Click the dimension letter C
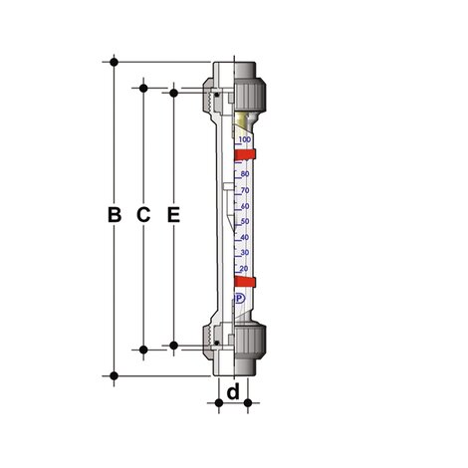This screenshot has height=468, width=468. pos(143,214)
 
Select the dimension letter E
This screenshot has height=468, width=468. pos(173,214)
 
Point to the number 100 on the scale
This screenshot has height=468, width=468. pos(245,140)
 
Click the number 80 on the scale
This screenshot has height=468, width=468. pos(245,174)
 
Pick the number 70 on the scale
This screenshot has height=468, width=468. pos(245,190)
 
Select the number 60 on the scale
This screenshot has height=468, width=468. pos(245,206)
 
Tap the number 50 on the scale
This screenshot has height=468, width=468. pos(245,221)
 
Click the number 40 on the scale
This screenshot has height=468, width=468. pos(245,237)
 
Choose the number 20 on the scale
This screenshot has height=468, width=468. pos(245,269)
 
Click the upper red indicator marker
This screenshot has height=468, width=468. pos(247,153)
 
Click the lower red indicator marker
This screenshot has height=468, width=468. pos(247,283)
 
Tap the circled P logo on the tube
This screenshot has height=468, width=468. pos(240,297)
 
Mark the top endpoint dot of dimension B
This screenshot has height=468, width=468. pos(115,61)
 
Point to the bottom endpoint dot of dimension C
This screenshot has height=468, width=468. pos(144,349)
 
